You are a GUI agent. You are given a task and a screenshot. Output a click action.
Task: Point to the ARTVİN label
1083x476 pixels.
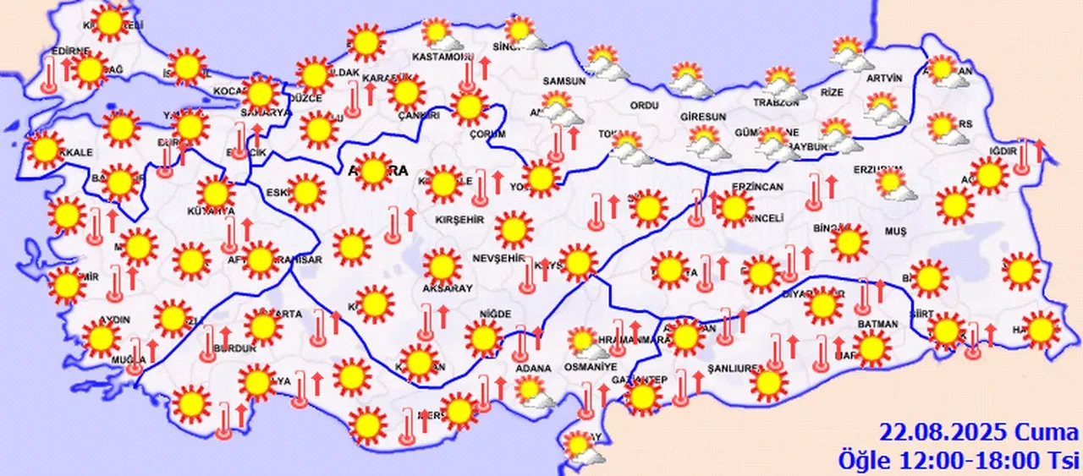(885, 79)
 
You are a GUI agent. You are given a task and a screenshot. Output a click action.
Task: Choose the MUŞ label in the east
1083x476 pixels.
(894, 231)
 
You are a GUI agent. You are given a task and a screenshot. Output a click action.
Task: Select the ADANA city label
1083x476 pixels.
(533, 369)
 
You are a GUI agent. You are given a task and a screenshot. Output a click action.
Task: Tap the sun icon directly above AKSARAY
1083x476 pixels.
(441, 265)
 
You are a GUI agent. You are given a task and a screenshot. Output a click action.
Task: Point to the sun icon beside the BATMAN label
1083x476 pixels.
(871, 347)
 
